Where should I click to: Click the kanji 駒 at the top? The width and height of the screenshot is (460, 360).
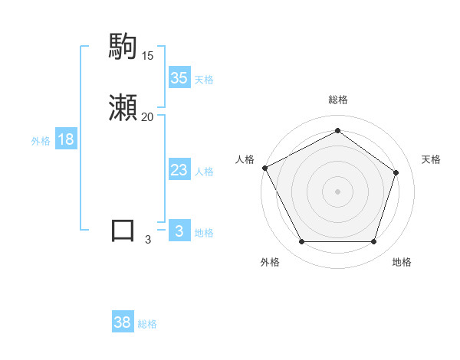coord(123,47)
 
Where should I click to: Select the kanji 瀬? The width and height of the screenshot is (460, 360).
coord(123,108)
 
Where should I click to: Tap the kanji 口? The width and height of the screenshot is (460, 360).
coord(123,231)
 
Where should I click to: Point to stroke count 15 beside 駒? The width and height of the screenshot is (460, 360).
coord(148,55)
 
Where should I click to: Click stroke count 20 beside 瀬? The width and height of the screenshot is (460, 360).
coord(148,116)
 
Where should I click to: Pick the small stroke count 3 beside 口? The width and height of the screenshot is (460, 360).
coord(148,239)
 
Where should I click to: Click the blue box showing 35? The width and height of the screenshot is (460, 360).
coord(179,78)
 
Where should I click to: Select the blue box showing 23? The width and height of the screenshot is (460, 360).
coord(179,170)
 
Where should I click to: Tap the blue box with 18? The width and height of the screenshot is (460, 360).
coord(66,139)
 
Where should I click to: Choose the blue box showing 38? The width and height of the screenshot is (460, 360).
coord(123,322)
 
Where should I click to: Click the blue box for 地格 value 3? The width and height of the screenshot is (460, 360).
coord(179,231)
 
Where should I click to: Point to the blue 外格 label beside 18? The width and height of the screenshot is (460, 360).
coord(41,141)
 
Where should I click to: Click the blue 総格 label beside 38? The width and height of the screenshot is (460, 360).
coord(147,324)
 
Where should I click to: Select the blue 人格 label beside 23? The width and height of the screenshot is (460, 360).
coord(205,172)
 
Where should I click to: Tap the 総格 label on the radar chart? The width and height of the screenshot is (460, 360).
coord(337,100)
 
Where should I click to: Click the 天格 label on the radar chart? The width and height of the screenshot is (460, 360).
coord(431,159)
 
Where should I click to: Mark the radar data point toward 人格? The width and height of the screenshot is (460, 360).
coord(264,168)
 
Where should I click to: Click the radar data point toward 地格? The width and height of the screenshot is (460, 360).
coord(373,242)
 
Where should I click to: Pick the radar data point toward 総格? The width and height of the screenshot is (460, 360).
coord(337,131)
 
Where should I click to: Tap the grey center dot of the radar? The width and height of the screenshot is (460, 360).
coord(337,191)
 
